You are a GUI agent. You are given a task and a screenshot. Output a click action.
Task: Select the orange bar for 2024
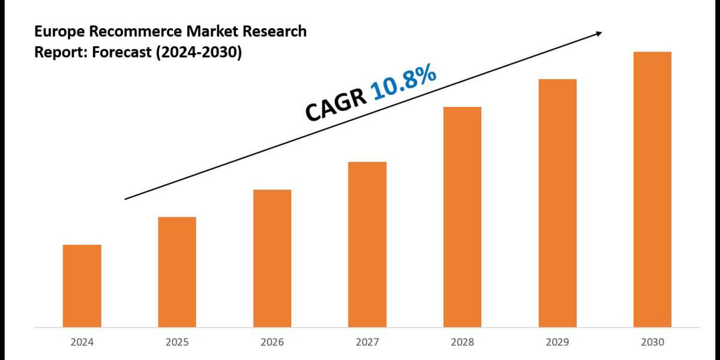pyautogui.click(x=82, y=286)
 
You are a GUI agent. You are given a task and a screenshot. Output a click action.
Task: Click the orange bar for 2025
pyautogui.click(x=177, y=272)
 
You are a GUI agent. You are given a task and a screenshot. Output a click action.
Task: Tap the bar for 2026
pyautogui.click(x=272, y=258)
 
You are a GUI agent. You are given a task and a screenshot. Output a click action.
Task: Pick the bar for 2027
pyautogui.click(x=367, y=244)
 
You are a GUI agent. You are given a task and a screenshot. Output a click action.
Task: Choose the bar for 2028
pyautogui.click(x=462, y=217)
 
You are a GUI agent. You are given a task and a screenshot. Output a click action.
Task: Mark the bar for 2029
pyautogui.click(x=557, y=203)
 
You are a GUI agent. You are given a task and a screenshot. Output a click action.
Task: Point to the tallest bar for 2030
pyautogui.click(x=652, y=189)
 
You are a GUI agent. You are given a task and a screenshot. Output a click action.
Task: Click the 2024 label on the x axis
pyautogui.click(x=82, y=343)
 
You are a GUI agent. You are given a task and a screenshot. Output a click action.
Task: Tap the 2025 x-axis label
pyautogui.click(x=177, y=343)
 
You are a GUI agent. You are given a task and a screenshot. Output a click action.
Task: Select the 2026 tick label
pyautogui.click(x=272, y=343)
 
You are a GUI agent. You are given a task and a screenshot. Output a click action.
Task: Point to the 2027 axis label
pyautogui.click(x=367, y=343)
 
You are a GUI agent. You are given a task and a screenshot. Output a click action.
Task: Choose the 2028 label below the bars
pyautogui.click(x=462, y=343)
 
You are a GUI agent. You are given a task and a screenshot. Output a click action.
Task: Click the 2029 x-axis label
pyautogui.click(x=557, y=343)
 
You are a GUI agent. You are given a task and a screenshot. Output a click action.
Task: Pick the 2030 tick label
pyautogui.click(x=652, y=343)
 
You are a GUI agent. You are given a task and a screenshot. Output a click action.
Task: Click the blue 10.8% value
pyautogui.click(x=403, y=83)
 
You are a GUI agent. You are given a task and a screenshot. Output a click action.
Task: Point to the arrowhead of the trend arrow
pyautogui.click(x=598, y=34)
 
